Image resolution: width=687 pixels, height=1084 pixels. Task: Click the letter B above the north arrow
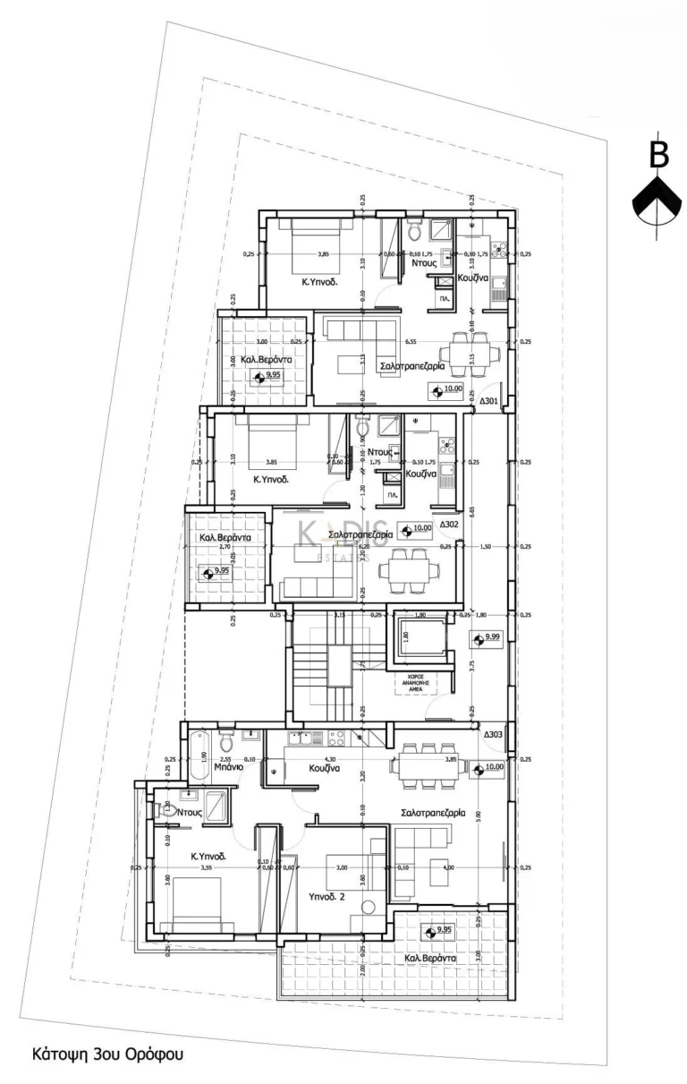[x=659, y=154]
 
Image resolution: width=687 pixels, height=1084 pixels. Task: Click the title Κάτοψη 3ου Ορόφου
[x=107, y=1054]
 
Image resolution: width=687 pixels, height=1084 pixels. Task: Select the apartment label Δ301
[x=489, y=401]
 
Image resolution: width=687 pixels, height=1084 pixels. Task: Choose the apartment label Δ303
[x=493, y=735]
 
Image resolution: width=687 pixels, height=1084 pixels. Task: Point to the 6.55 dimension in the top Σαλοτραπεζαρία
[x=411, y=341]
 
